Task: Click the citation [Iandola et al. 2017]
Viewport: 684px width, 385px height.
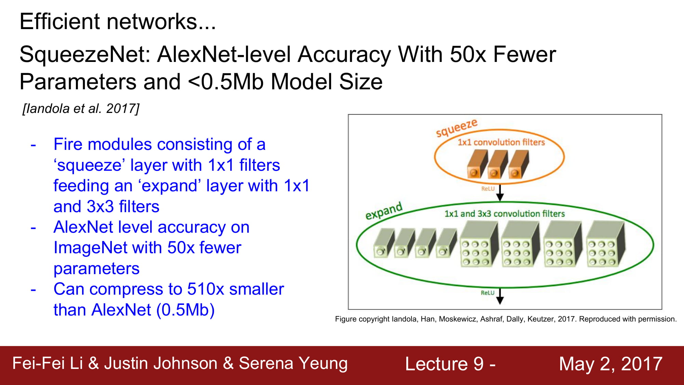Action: (x=81, y=108)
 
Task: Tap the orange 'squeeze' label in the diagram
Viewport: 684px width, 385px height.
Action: (x=457, y=127)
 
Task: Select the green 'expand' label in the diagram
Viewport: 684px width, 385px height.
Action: (x=384, y=210)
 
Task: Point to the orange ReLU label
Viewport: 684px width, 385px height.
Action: (x=488, y=189)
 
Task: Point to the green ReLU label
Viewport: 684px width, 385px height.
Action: (x=488, y=293)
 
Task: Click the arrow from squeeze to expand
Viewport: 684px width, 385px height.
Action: (x=500, y=193)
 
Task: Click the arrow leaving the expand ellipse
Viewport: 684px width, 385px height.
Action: (x=500, y=296)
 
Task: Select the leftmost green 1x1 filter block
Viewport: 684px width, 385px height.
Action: (x=384, y=243)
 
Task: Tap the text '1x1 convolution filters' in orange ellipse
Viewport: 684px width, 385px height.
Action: (x=501, y=142)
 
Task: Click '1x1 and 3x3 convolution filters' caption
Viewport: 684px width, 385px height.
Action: (x=504, y=214)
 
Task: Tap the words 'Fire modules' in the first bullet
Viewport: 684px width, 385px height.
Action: (x=102, y=144)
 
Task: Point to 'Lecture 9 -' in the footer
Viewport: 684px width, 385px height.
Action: (x=450, y=363)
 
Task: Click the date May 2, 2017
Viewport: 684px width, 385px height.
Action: (x=611, y=363)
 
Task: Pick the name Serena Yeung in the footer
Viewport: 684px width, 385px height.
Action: (x=293, y=363)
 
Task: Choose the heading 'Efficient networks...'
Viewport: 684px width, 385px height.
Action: (x=118, y=22)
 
